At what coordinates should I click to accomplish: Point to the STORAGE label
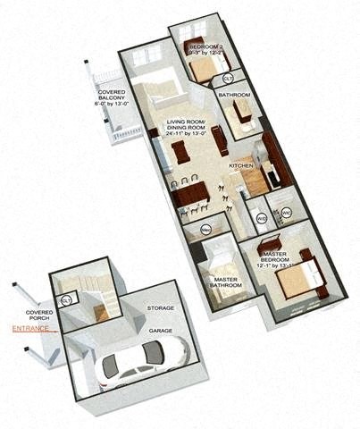pyautogui.click(x=160, y=307)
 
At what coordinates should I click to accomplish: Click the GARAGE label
pyautogui.click(x=160, y=330)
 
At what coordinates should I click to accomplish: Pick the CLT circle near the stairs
pyautogui.click(x=66, y=300)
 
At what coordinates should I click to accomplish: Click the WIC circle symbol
pyautogui.click(x=287, y=213)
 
